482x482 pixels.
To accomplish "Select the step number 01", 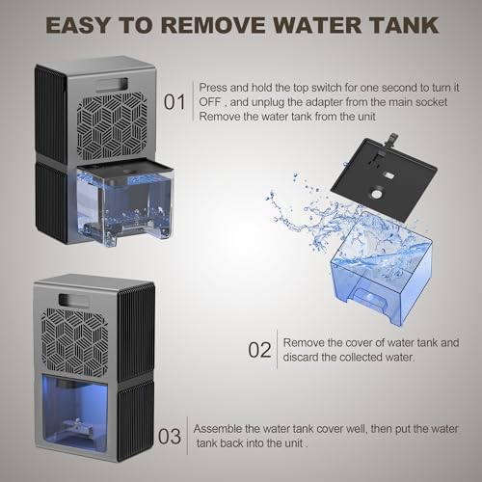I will (x=174, y=100).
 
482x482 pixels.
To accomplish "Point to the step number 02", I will (x=260, y=348).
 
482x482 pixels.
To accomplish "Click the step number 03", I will (x=170, y=436).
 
